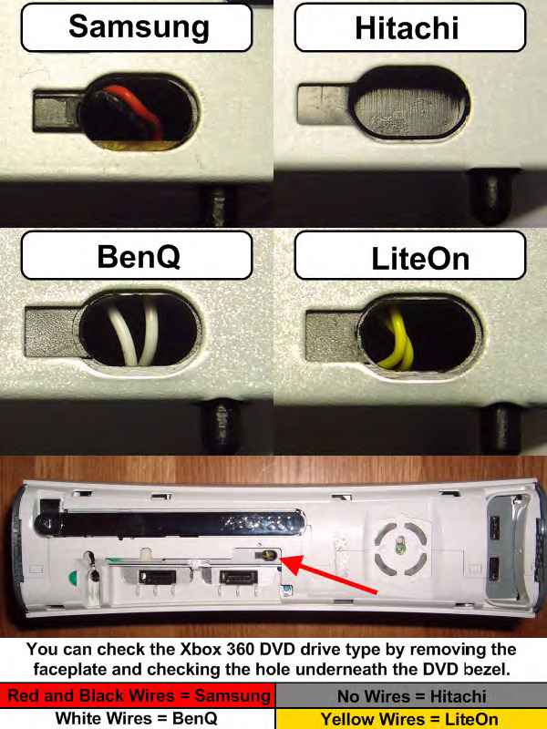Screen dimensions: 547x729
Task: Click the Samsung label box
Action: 137,27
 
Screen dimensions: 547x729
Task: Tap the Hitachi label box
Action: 410,27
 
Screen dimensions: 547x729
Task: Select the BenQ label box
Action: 137,255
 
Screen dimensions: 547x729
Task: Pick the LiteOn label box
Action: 410,255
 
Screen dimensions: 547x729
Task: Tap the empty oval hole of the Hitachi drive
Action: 409,103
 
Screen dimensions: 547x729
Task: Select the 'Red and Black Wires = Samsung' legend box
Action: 138,695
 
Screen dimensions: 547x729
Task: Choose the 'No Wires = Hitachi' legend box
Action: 411,695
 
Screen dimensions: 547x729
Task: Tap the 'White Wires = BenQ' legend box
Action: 138,718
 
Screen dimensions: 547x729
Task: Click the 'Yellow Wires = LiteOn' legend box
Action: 411,718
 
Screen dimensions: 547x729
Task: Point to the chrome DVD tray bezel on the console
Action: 172,523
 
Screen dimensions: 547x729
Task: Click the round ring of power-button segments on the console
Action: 400,548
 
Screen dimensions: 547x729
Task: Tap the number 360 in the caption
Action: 226,649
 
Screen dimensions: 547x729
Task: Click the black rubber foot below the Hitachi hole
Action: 490,194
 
